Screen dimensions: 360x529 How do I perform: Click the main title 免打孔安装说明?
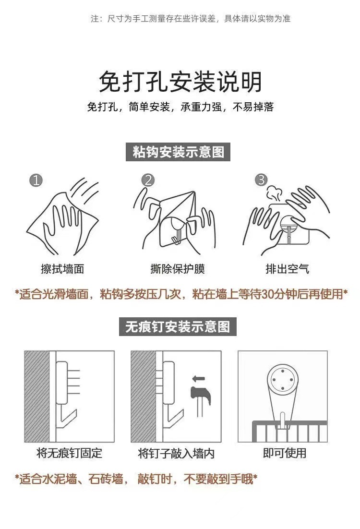click(180, 82)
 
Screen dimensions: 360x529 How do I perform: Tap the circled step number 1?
click(36, 180)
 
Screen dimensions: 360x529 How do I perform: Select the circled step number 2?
click(148, 180)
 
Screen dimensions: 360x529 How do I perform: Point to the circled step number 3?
click(261, 180)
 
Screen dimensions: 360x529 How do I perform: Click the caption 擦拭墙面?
click(62, 269)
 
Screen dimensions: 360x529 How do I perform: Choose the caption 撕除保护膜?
click(178, 269)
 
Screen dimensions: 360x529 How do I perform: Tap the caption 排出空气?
click(287, 269)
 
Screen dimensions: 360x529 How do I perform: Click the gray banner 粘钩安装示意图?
click(178, 152)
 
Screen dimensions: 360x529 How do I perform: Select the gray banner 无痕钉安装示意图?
click(178, 326)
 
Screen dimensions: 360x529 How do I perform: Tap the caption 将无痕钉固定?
click(69, 453)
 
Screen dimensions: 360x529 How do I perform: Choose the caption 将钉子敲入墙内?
click(176, 453)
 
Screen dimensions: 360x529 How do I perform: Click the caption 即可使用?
click(285, 453)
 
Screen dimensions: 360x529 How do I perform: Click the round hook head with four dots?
click(282, 380)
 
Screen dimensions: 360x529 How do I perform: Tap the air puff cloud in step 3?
click(273, 193)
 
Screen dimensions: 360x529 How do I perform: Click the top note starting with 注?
click(190, 18)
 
